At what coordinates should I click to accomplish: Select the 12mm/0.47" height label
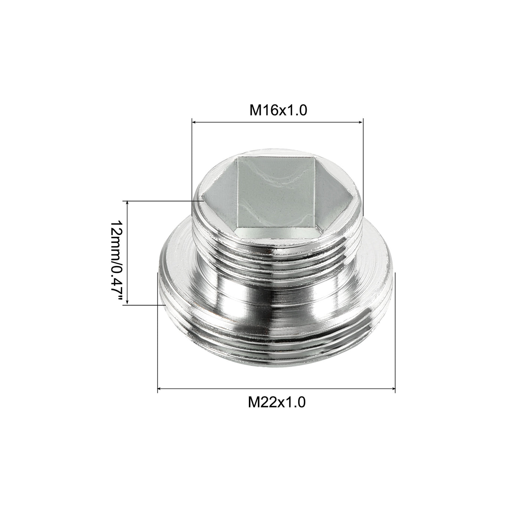(117, 261)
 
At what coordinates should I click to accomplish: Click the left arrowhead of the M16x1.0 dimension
(194, 122)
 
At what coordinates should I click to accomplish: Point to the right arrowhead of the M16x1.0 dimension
(361, 122)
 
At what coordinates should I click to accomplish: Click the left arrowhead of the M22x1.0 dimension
(160, 389)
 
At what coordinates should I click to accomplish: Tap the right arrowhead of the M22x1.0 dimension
(393, 389)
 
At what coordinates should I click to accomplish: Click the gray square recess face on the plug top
(276, 192)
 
